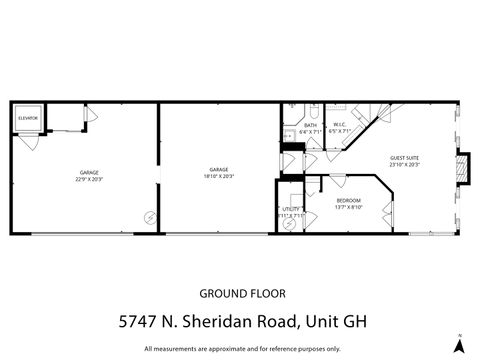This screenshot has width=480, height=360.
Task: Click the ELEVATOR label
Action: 28,118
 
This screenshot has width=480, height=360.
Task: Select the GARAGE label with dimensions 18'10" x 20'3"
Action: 219,172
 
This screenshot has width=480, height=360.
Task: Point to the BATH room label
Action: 310,128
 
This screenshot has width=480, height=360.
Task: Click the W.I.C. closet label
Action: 340,128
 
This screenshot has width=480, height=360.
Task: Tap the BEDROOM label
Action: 349,203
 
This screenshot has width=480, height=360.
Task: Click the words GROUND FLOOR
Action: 242,294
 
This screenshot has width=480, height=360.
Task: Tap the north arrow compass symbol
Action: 459,344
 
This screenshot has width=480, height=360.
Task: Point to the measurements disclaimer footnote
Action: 242,349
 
